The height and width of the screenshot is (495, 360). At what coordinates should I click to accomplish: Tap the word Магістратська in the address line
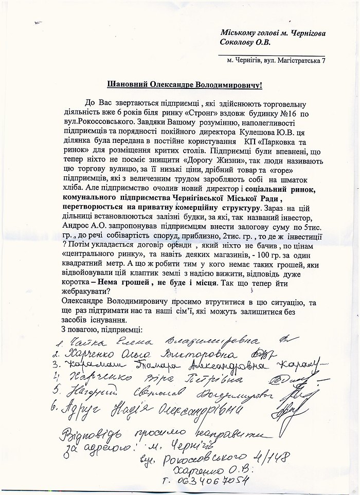click(295, 61)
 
